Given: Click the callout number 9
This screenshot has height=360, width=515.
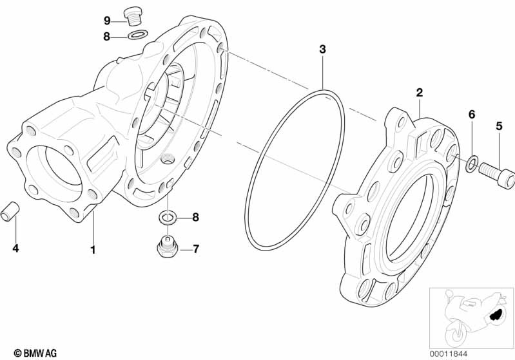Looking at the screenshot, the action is (x=107, y=21).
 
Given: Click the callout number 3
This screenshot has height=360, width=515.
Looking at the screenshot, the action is (x=322, y=50).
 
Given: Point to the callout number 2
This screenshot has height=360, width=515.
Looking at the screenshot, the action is (x=420, y=93).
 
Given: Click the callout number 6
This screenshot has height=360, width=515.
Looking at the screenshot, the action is (x=472, y=115).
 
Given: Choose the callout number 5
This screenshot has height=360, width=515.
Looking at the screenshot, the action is (x=500, y=126).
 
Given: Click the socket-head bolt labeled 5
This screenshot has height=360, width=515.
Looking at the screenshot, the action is (x=496, y=175).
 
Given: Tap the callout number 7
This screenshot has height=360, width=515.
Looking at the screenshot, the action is (x=196, y=249).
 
